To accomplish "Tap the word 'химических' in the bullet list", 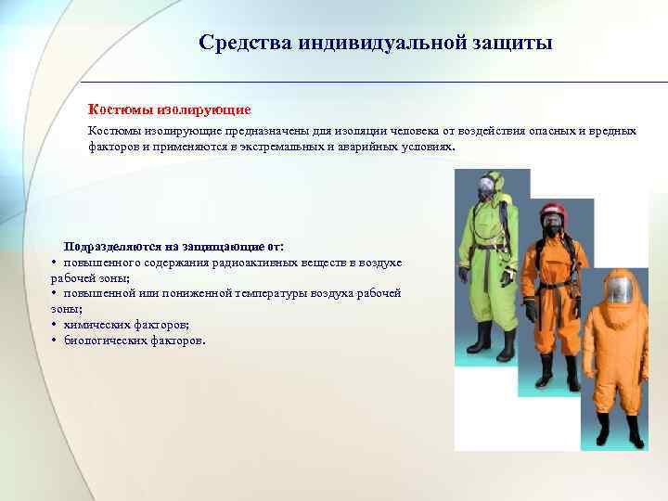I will [x=96, y=324].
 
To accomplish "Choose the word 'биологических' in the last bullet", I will [x=103, y=340].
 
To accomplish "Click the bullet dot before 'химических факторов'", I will [x=56, y=325].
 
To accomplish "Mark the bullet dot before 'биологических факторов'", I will [x=56, y=340].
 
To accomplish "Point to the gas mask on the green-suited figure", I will [x=485, y=190].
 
